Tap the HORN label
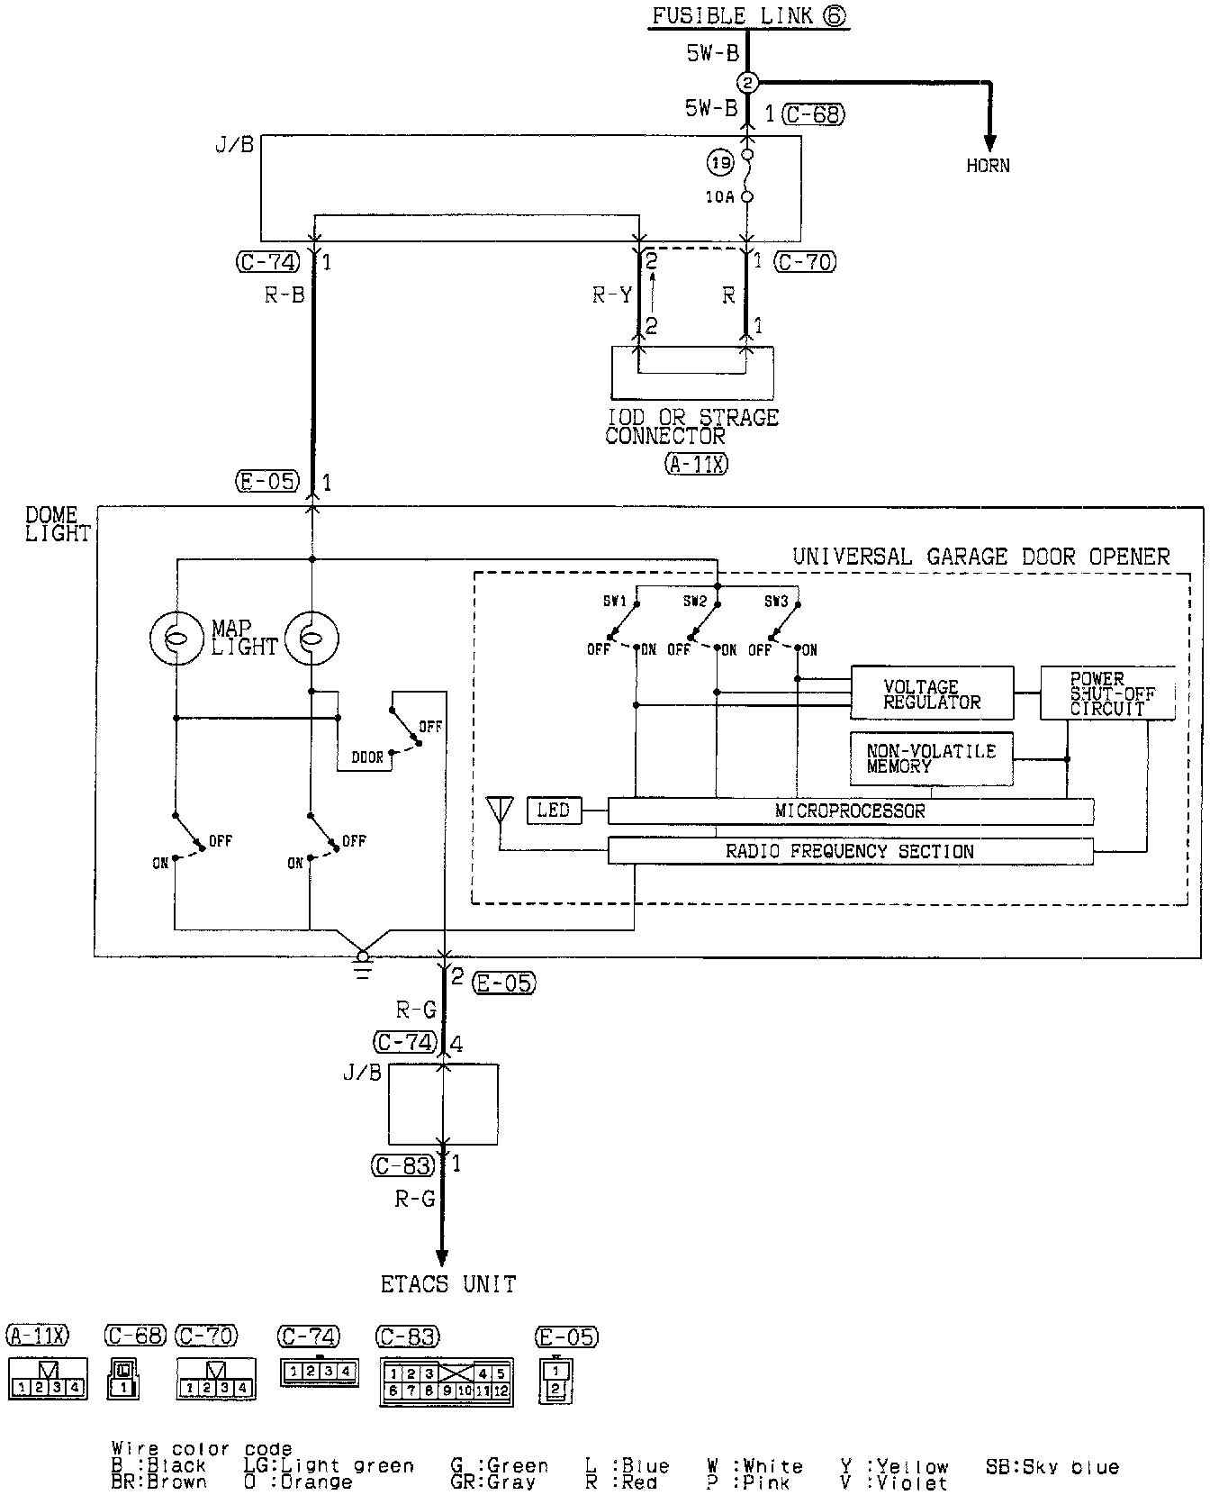click(988, 166)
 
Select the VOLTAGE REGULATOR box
click(932, 693)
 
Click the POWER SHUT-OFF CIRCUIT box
click(1107, 693)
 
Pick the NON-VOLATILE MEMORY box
click(931, 758)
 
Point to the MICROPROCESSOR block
click(850, 811)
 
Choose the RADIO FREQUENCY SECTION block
click(850, 851)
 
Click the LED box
click(554, 811)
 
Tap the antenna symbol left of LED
click(498, 810)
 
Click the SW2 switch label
click(694, 601)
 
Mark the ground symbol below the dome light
click(363, 964)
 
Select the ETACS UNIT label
click(448, 1284)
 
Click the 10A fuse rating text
click(719, 196)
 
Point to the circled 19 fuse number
click(720, 164)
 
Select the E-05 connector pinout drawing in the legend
click(555, 1380)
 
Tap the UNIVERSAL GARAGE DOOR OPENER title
click(980, 557)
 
